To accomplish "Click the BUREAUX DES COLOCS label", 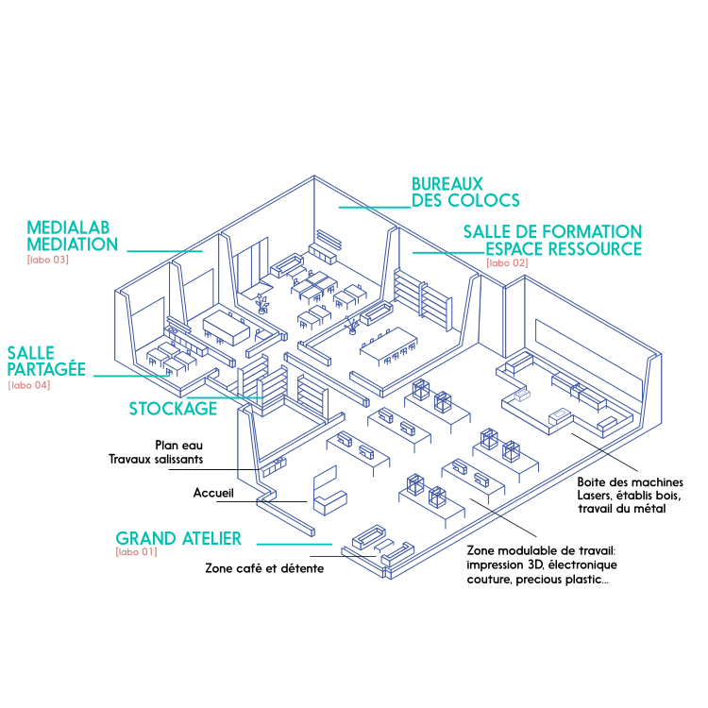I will [x=464, y=192].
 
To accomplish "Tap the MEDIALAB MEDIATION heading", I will [x=73, y=236].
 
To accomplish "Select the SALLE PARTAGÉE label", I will [x=46, y=362].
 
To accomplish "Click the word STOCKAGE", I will [x=173, y=409].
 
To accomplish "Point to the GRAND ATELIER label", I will [x=178, y=539].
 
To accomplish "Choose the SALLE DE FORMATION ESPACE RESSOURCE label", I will [x=552, y=240].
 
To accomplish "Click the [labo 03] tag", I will [x=47, y=260].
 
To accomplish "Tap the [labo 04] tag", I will [x=29, y=385].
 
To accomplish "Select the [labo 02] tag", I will [x=507, y=262].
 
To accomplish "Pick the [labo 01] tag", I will [x=136, y=552].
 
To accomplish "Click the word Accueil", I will [x=212, y=493].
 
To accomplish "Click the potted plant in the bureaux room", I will [x=261, y=302].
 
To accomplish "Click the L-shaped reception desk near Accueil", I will [x=329, y=494].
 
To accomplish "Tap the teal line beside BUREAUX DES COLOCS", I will [x=374, y=207].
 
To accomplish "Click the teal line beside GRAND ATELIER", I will [x=295, y=544].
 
